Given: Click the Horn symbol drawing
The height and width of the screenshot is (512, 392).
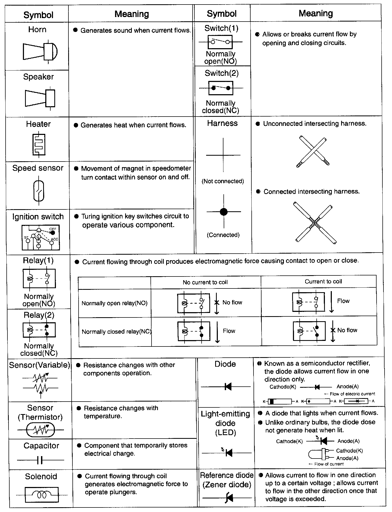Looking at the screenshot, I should pos(40,51).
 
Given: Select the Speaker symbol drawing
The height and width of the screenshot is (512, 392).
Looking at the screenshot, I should pos(40,98).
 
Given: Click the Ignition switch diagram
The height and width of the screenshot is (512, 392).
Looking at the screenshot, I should pos(41,237).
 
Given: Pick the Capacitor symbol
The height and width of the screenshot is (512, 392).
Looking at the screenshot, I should pos(40,460).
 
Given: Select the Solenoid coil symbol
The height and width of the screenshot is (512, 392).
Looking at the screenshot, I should pos(42,495).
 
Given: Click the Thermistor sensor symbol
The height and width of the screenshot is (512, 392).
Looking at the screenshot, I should pos(40,430).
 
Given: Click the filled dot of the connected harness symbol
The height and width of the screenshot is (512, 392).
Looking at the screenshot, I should pos(224,212).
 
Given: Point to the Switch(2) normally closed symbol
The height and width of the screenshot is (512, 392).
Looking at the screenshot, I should pos(221,88).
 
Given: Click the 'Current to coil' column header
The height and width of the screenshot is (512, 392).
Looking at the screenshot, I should pos(323,282).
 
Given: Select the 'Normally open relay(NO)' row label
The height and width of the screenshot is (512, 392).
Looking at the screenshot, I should pos(115,303).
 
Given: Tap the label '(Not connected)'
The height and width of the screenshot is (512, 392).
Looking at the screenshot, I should pos(223,181).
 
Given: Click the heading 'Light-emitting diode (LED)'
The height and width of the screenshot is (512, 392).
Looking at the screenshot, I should pos(225,423).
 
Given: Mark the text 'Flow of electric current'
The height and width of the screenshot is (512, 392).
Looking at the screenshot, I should pos(352,394).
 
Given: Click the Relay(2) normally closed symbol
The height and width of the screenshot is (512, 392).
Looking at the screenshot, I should pos(39,330).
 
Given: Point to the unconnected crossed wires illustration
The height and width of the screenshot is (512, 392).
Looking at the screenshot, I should pos(313,152).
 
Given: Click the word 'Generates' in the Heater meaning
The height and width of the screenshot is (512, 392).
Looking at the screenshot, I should pos(93,125).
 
